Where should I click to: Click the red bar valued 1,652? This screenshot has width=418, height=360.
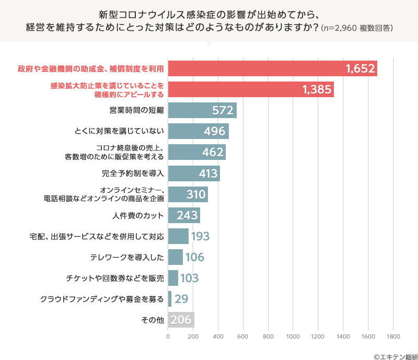click(x=272, y=68)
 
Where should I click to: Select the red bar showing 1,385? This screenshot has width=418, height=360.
click(x=251, y=89)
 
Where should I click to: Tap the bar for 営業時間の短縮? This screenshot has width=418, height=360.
click(x=202, y=110)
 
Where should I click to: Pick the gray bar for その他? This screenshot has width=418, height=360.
click(x=181, y=320)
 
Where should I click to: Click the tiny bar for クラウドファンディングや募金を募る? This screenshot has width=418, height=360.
click(x=169, y=299)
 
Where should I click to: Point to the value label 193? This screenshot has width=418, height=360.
click(x=200, y=236)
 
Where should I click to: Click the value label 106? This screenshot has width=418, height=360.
click(x=194, y=257)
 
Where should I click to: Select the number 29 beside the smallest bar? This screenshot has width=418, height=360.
click(x=181, y=299)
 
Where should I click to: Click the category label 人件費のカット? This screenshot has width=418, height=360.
click(x=138, y=215)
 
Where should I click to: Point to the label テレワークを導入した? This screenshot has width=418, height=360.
click(x=127, y=257)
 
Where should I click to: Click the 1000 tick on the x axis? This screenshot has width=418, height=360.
click(x=293, y=336)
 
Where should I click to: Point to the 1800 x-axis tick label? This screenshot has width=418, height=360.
click(x=393, y=336)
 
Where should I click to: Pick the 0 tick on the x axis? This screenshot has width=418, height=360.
click(x=168, y=336)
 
